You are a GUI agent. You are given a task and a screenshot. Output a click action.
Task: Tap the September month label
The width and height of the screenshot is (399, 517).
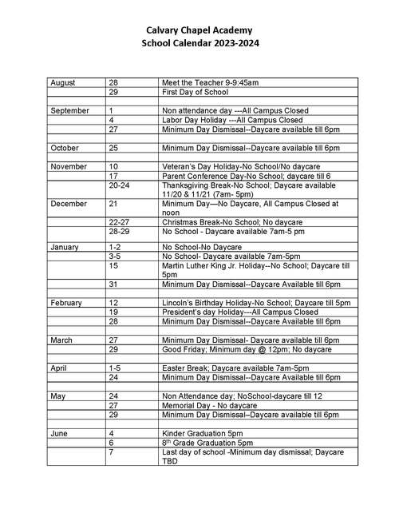coord(69,110)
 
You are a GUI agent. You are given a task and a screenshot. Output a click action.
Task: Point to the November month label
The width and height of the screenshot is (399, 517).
coord(69,166)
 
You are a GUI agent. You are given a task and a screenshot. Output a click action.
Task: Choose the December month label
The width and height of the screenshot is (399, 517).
coord(69,204)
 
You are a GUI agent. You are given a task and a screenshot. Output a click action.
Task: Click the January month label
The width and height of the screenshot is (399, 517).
coord(65,248)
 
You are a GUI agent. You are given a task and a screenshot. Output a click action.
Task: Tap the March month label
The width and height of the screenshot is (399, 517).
coord(61,340)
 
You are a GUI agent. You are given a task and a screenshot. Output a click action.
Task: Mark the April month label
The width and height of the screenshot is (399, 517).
coord(59,368)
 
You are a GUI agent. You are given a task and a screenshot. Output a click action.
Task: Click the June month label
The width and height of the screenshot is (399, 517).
coord(60,433)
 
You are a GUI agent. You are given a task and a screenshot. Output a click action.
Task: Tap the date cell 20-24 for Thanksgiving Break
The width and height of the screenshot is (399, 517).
coord(118,185)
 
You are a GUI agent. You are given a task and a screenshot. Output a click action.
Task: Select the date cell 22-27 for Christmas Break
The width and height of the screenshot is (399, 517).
coord(118,222)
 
